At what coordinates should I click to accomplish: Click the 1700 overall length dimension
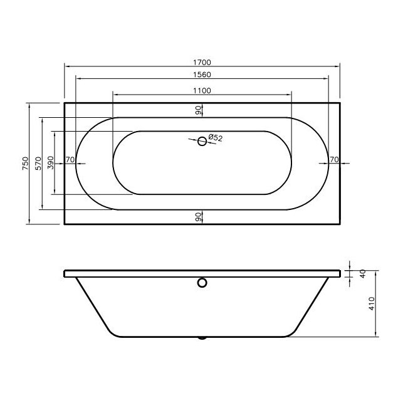(x=202, y=62)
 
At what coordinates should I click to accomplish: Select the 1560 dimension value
(x=202, y=75)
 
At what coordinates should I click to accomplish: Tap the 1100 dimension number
(x=202, y=90)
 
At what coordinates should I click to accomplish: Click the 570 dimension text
(x=38, y=163)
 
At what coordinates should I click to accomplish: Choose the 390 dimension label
(x=51, y=163)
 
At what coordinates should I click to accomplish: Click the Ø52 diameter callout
(x=215, y=137)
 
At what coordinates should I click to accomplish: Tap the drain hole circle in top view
(x=202, y=142)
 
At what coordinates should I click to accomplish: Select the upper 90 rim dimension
(x=197, y=110)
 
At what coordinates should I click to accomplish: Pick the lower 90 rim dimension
(x=197, y=217)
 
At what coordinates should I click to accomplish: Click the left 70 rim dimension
(x=70, y=160)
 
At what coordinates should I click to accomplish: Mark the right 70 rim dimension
(x=334, y=160)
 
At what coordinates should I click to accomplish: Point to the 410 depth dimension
(x=370, y=305)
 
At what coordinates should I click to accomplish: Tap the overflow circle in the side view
(x=202, y=283)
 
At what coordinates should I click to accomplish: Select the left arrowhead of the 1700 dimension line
(x=66, y=66)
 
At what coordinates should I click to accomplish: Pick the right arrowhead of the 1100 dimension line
(x=290, y=94)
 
